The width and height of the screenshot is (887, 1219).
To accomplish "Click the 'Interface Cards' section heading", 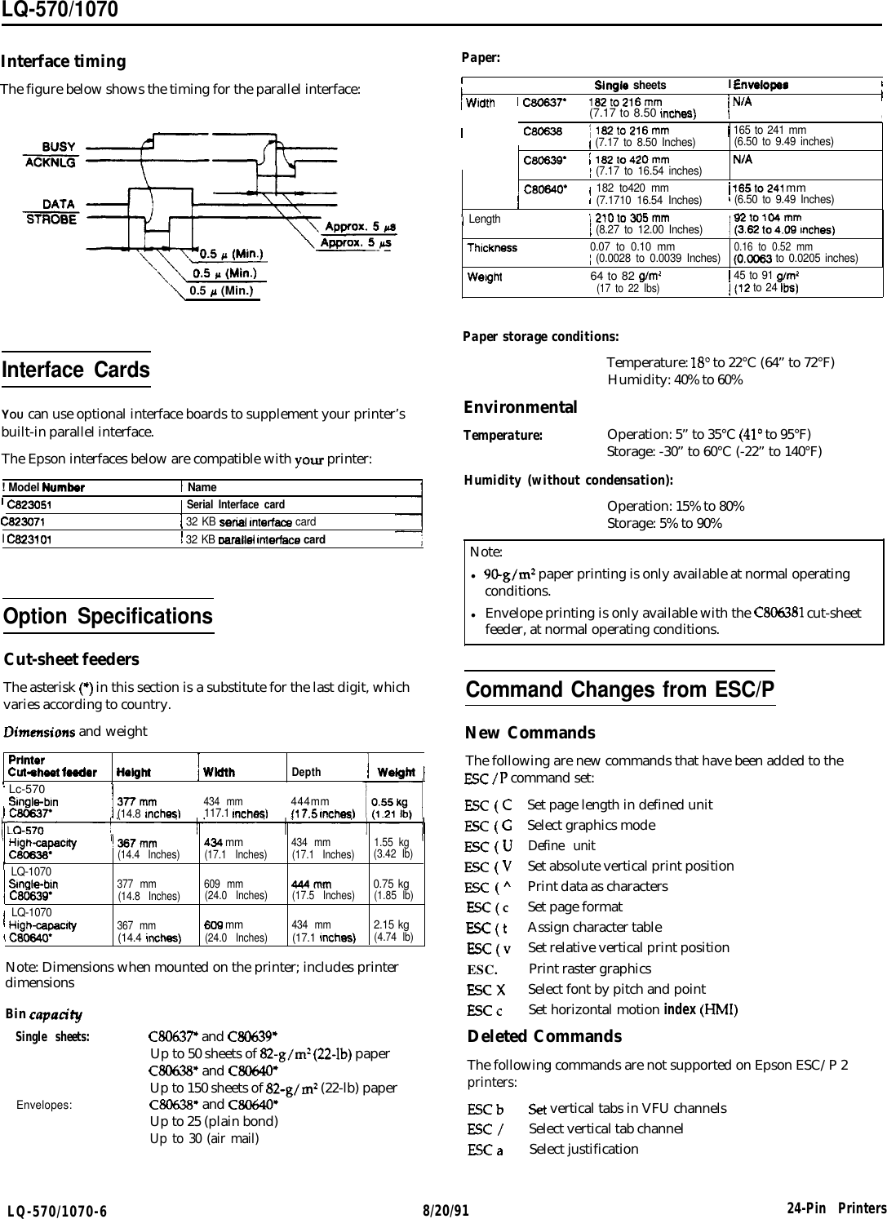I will [x=77, y=370].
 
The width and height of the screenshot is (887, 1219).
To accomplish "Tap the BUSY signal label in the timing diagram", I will [x=59, y=147].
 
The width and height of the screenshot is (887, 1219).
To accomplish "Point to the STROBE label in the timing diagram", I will [x=52, y=219].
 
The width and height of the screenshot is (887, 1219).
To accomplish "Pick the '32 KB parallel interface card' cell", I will [x=255, y=539].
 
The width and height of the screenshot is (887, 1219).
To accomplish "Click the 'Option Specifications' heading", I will [x=109, y=616].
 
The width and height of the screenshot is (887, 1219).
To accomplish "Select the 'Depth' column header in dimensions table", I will [x=306, y=772].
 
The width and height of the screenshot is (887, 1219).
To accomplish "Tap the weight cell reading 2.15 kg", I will [x=391, y=924].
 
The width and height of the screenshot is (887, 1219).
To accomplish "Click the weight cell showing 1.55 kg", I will [x=391, y=841].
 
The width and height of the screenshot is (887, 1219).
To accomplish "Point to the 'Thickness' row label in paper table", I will [x=491, y=247].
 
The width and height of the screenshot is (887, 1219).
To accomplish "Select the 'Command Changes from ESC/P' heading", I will [x=619, y=690].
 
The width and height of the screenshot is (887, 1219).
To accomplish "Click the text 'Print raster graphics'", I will [x=590, y=969].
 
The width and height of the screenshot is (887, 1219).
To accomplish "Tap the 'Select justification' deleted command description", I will [x=583, y=1149].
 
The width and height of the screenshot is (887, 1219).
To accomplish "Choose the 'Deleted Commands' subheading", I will [x=544, y=1036].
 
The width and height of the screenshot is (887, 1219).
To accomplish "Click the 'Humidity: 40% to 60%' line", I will [x=675, y=381].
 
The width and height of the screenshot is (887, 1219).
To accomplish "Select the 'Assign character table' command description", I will [x=595, y=927].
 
